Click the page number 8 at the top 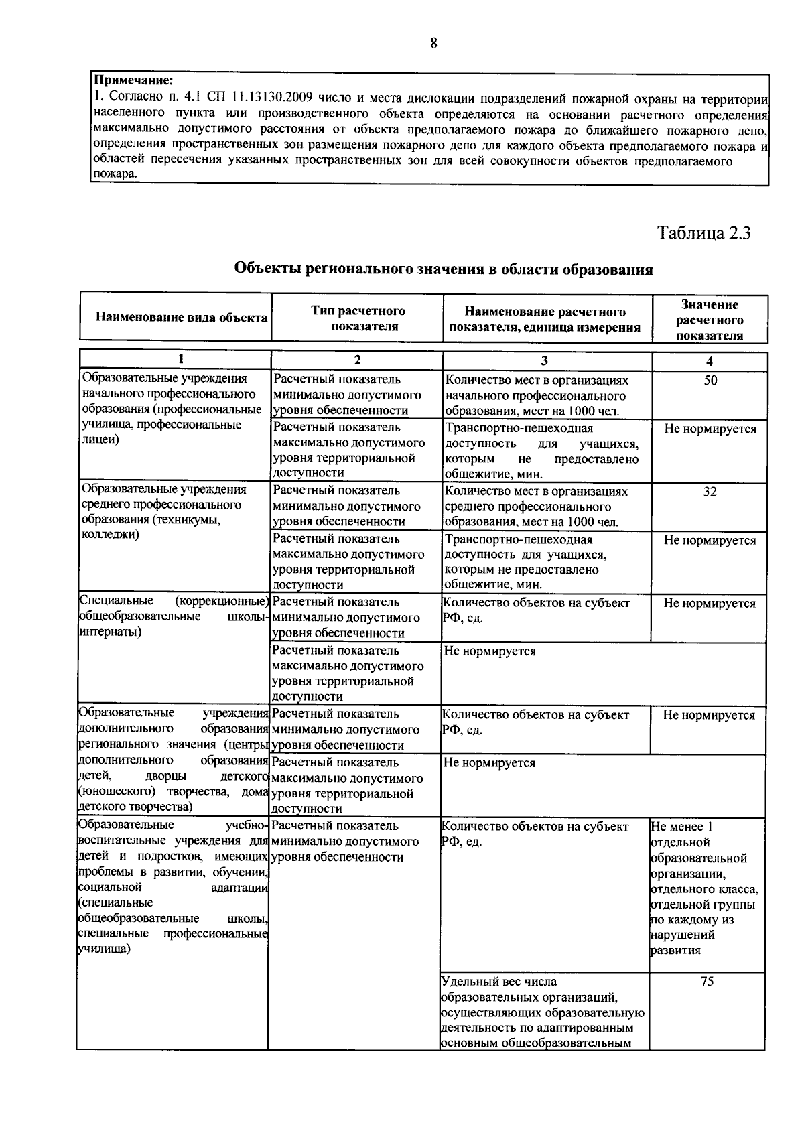coord(433,44)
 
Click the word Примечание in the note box coord(134,83)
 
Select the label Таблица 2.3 coord(703,233)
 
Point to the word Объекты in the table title coord(267,269)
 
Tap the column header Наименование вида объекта coord(182,317)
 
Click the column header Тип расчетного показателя coord(358,318)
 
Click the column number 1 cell coord(180,360)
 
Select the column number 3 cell coord(545,360)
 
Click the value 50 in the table coord(710,380)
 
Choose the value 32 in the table coord(710,492)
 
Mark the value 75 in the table coord(707,982)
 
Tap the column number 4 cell coord(710,361)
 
